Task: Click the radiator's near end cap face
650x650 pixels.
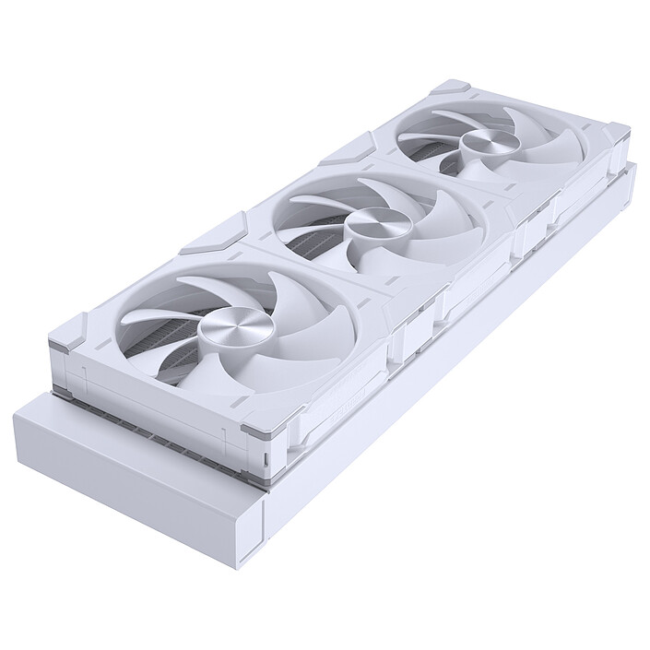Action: (x=138, y=470)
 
